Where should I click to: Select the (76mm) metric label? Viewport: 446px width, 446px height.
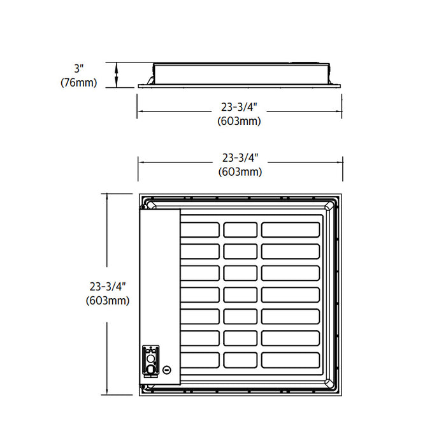pos(79,82)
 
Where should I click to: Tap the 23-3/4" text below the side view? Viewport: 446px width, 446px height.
pos(240,108)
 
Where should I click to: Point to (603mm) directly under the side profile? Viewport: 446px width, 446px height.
pos(240,121)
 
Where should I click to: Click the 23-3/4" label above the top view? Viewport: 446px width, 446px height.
pos(240,158)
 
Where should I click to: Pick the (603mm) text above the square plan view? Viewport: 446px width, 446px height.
pos(240,171)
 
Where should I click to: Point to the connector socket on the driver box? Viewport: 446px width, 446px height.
pos(150,359)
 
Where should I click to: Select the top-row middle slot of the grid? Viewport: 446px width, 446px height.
pos(240,230)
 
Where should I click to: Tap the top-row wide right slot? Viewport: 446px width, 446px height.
pos(290,230)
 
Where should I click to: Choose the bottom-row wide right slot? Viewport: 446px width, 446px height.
pos(290,360)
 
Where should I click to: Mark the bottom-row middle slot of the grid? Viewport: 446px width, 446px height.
pos(240,360)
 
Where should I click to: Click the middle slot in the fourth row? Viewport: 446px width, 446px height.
pos(240,295)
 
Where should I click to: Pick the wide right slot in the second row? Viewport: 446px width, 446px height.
pos(290,252)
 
